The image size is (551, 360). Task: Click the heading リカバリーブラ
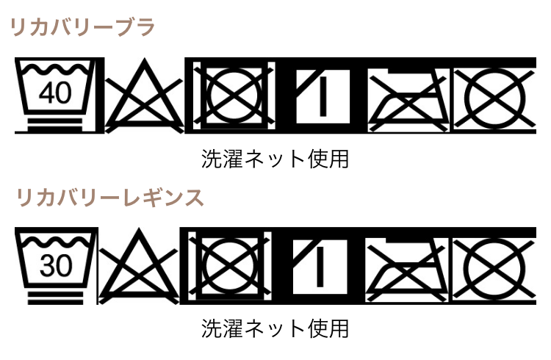click(x=82, y=29)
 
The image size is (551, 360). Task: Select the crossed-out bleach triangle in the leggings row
click(x=140, y=267)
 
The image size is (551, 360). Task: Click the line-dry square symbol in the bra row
click(x=321, y=96)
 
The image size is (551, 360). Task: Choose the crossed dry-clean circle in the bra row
click(x=496, y=96)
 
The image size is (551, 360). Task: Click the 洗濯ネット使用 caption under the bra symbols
click(x=275, y=159)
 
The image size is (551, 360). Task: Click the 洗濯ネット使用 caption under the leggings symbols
click(x=275, y=328)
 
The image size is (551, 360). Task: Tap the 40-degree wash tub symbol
click(x=55, y=96)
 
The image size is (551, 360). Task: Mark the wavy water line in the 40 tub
click(x=55, y=73)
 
